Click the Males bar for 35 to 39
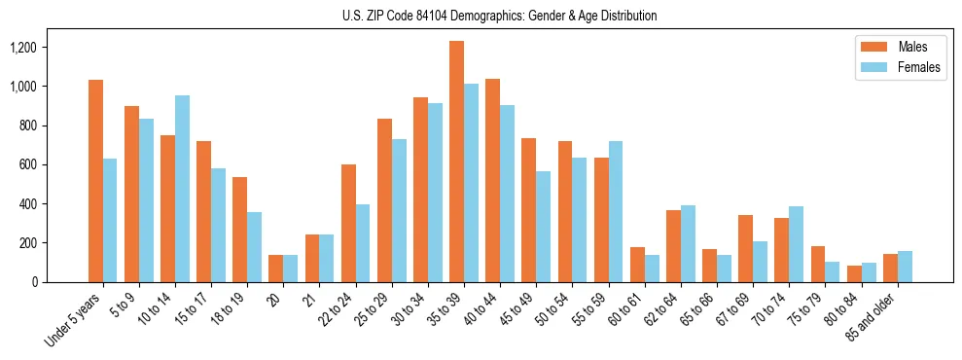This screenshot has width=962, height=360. (x=456, y=162)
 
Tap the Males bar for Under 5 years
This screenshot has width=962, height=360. (x=95, y=181)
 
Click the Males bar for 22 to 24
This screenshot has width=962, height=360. (x=348, y=223)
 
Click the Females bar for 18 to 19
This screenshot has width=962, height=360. (x=254, y=247)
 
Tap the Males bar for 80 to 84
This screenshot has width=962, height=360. (x=854, y=273)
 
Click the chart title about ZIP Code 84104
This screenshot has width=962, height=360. (x=499, y=16)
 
